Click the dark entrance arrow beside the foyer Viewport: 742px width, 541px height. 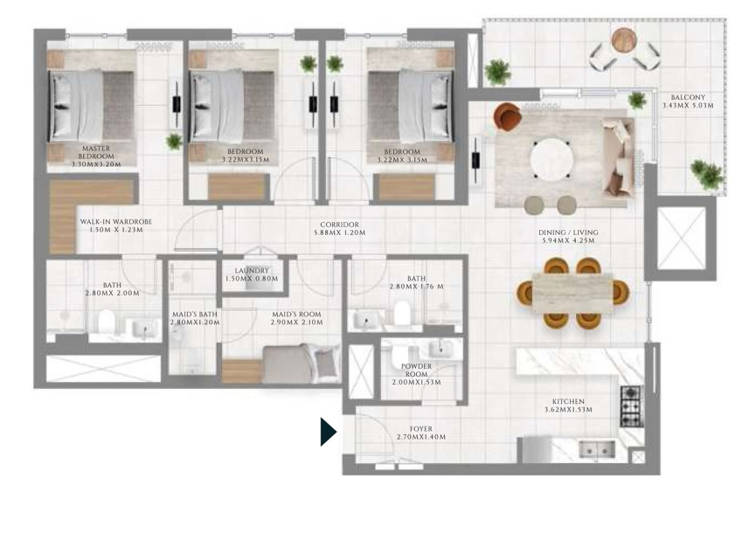click(328, 432)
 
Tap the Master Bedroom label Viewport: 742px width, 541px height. click(96, 152)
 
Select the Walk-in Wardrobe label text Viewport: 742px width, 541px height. click(116, 221)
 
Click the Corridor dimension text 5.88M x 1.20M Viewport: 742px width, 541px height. click(340, 232)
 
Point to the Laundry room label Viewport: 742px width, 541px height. click(252, 271)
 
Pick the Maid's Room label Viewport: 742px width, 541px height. click(296, 315)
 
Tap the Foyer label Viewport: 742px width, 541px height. click(421, 429)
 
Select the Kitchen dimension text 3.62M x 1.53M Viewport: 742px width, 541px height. click(568, 410)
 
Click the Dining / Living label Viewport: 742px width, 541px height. click(568, 232)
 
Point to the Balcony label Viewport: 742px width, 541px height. click(688, 97)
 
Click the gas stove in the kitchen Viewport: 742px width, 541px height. click(631, 406)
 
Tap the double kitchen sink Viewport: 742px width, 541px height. click(597, 449)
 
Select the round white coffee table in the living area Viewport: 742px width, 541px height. click(551, 160)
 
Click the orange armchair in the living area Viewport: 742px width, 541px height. click(507, 116)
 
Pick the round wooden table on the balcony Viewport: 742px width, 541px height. click(624, 39)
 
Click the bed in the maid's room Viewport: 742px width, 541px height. click(302, 363)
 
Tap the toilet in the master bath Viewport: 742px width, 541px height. click(106, 322)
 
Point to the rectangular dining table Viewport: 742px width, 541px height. click(572, 293)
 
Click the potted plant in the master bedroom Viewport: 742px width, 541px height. click(174, 141)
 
